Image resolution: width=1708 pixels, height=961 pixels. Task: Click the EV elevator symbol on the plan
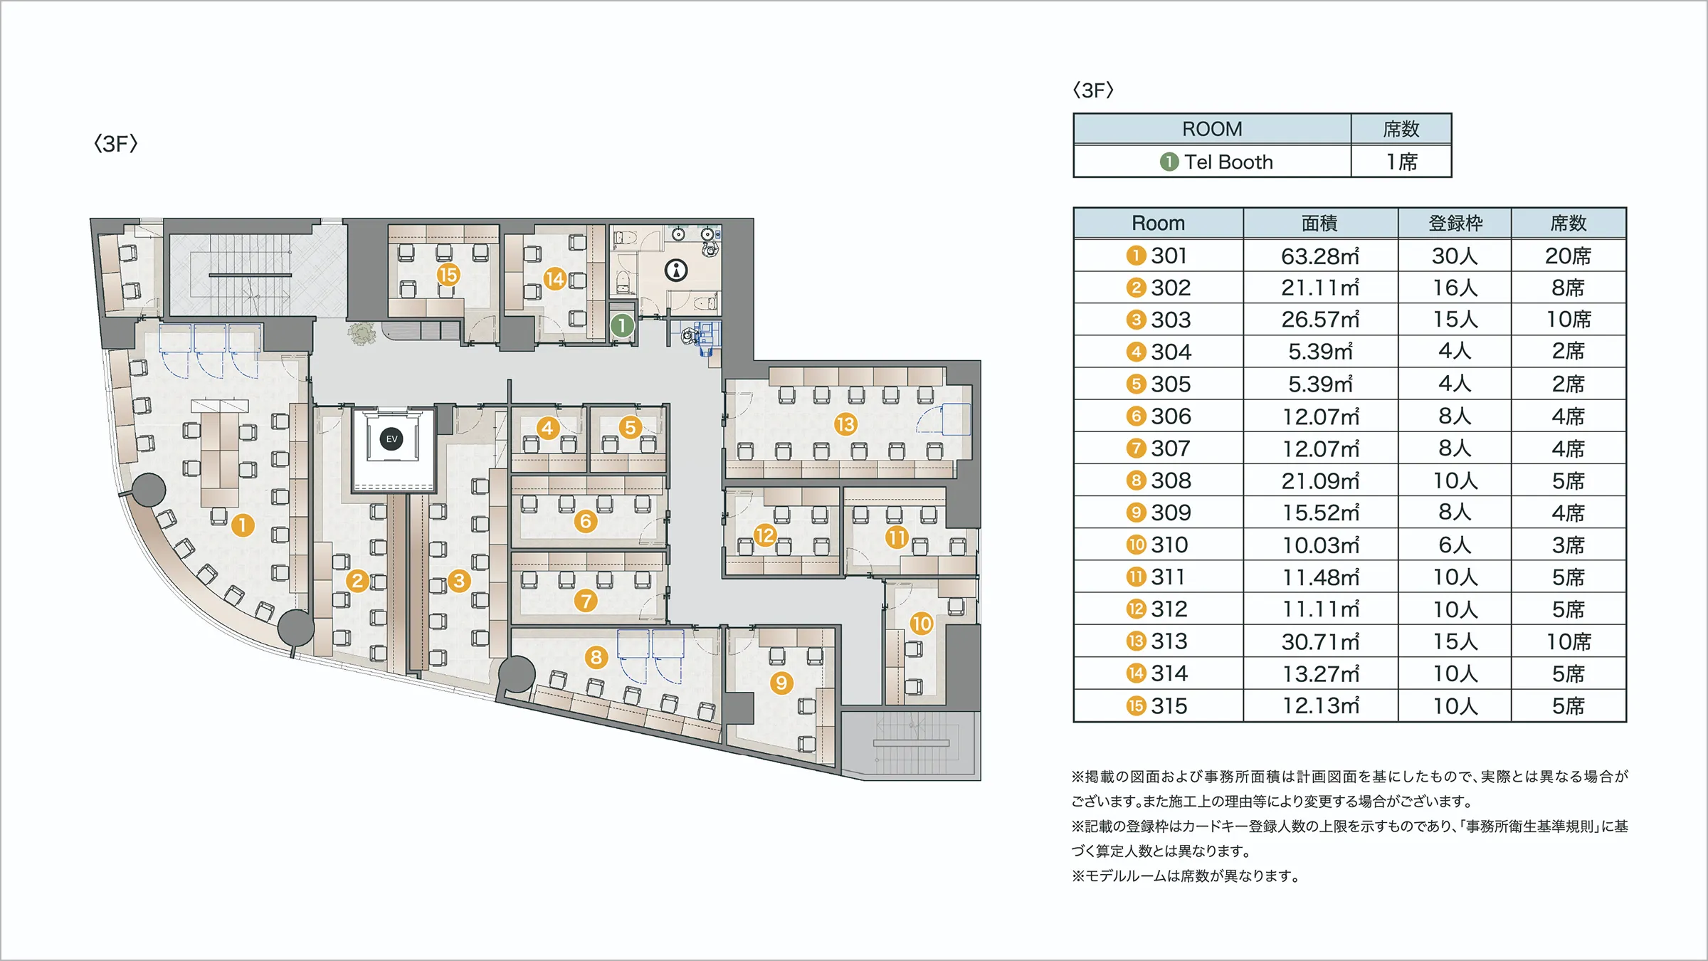coord(391,439)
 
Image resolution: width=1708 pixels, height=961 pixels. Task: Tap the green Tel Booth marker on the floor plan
coord(622,325)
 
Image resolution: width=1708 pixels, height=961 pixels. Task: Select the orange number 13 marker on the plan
coord(845,425)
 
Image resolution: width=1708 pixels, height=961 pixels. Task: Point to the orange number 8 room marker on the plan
coord(596,657)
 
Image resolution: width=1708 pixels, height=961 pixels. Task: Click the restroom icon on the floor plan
coord(676,270)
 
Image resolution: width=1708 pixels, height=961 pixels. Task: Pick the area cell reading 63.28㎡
coord(1320,256)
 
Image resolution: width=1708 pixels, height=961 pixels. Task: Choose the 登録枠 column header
coord(1455,224)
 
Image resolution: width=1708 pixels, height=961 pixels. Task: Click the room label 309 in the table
coord(1171,513)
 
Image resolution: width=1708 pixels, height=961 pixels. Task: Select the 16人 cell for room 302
coord(1455,288)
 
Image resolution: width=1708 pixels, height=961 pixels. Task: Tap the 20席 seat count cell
coord(1569,256)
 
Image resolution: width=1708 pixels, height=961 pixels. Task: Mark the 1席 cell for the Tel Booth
coord(1402,162)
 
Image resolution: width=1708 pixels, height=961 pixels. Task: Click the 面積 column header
coord(1320,224)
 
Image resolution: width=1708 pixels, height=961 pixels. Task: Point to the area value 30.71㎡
coord(1320,641)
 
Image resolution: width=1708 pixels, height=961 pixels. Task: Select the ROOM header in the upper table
coord(1212,129)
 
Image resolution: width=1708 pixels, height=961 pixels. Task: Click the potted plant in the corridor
coord(362,333)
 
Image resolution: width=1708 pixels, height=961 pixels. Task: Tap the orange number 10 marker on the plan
coord(921,624)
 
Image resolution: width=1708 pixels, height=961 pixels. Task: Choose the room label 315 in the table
coord(1169,706)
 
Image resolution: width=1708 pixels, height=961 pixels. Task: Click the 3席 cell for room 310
coord(1569,545)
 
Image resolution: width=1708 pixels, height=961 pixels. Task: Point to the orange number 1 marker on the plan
coord(243,525)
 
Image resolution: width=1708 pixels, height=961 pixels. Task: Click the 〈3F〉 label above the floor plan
coord(115,144)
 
